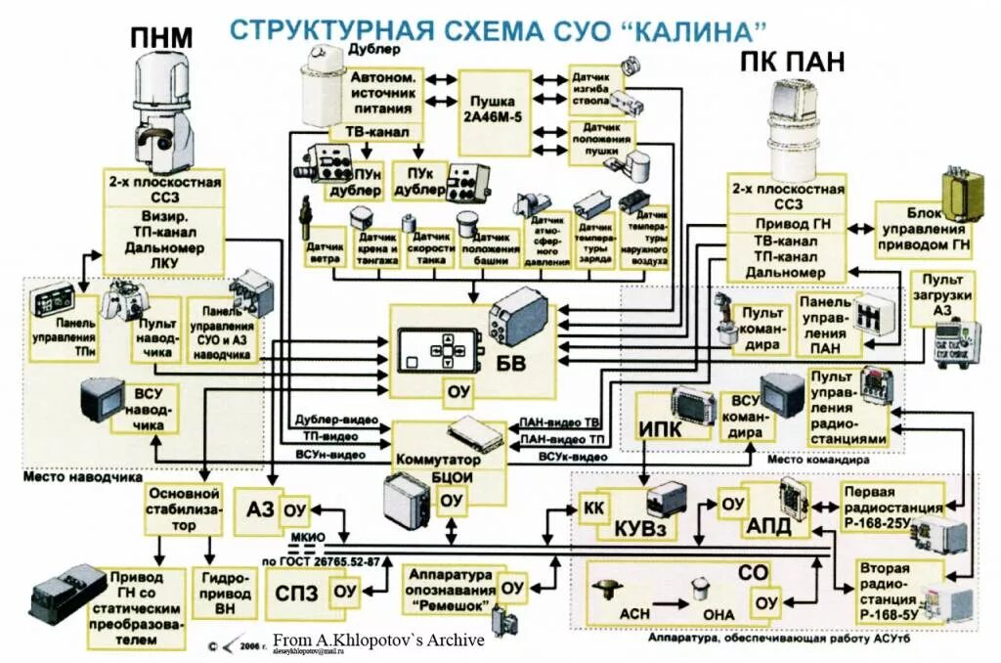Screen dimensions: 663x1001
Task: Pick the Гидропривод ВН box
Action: [x=225, y=593]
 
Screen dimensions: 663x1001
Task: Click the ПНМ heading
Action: [x=160, y=37]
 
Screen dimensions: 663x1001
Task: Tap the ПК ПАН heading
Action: [x=792, y=63]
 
